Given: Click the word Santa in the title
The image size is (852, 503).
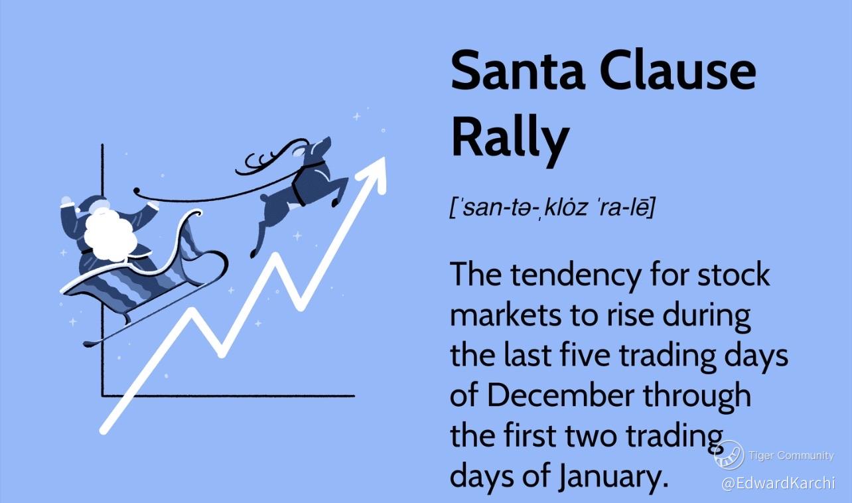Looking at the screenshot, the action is click(518, 72).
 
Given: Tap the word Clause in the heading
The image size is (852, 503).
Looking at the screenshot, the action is click(677, 72).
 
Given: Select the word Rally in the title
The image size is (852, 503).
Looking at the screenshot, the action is click(510, 139).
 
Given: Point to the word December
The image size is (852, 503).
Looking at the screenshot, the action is click(561, 395).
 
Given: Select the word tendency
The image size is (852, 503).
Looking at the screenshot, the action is click(575, 277).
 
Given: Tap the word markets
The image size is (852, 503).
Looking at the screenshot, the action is click(506, 315).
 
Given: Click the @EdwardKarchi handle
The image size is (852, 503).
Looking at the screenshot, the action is click(778, 483).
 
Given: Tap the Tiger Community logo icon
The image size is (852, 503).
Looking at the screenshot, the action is click(729, 455).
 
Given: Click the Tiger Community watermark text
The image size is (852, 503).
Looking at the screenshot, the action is click(791, 455).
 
